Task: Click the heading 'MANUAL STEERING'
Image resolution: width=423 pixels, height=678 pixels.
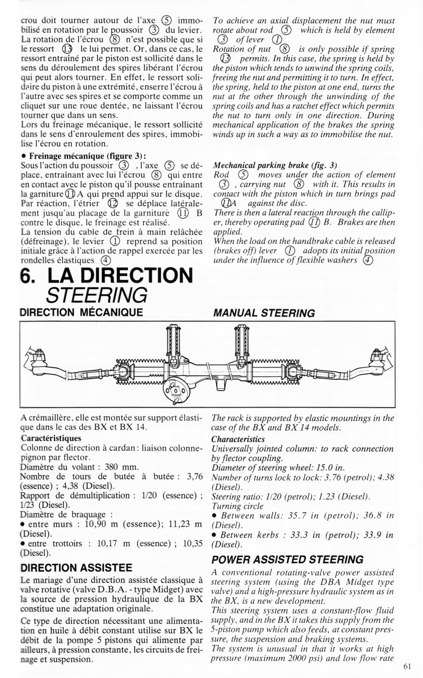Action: click(x=263, y=313)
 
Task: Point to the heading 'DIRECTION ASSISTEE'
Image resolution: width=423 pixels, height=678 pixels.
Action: click(x=75, y=568)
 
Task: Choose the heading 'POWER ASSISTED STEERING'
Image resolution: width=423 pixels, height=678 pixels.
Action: click(x=287, y=559)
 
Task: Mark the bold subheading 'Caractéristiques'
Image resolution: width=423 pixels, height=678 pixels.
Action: click(x=51, y=439)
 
